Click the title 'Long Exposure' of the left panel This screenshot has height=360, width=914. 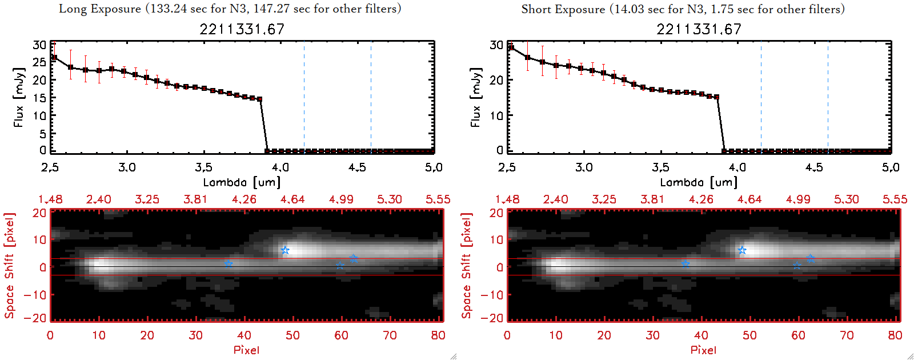pyautogui.click(x=100, y=9)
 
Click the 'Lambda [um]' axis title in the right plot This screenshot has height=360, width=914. pyautogui.click(x=699, y=182)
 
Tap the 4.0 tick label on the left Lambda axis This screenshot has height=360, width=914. pyautogui.click(x=280, y=167)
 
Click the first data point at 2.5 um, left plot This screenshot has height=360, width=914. pyautogui.click(x=54, y=58)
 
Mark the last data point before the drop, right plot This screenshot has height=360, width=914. pyautogui.click(x=717, y=97)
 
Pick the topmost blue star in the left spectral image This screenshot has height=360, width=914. pyautogui.click(x=285, y=250)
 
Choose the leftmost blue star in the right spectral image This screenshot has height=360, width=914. pyautogui.click(x=685, y=263)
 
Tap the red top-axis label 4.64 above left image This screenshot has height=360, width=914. pyautogui.click(x=292, y=199)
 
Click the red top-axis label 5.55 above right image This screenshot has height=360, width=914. pyautogui.click(x=895, y=199)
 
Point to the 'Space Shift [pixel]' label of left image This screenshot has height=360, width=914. pyautogui.click(x=9, y=266)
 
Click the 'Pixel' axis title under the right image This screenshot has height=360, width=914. pyautogui.click(x=703, y=350)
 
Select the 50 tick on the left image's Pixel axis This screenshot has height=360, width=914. pyautogui.click(x=292, y=335)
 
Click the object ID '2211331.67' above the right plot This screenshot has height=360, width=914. pyautogui.click(x=699, y=29)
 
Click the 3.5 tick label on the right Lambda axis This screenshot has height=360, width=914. pyautogui.click(x=660, y=167)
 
